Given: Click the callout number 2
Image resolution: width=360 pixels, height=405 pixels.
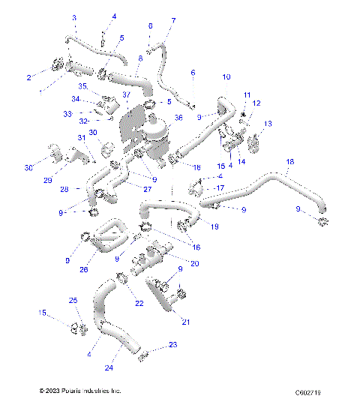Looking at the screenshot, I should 29,77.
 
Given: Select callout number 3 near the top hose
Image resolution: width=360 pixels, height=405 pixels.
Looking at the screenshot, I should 74,17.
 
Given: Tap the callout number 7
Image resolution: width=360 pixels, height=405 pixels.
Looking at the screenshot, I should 173,20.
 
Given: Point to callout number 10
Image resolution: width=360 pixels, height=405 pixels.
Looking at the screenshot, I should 226,77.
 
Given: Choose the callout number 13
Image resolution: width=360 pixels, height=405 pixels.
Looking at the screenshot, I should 268,123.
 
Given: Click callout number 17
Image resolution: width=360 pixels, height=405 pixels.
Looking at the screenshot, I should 220,187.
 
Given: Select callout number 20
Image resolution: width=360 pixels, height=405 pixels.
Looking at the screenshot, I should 195,263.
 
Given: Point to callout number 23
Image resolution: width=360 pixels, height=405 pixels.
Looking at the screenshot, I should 173,345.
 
